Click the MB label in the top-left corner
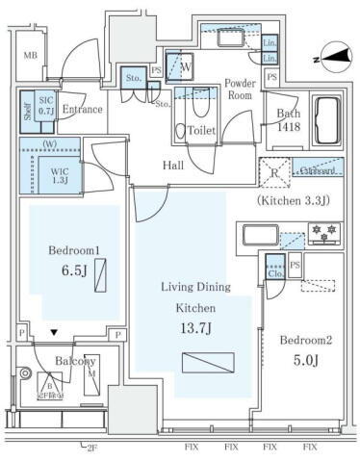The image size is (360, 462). pos(31,57)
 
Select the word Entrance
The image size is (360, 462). pos(82,110)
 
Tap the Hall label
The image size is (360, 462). pos(173,166)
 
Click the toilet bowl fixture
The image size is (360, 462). pos(180,132)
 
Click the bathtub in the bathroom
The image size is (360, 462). pos(325,119)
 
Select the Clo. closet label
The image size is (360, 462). pos(274,272)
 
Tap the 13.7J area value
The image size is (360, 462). pos(193,327)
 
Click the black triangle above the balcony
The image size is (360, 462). pos(53,333)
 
